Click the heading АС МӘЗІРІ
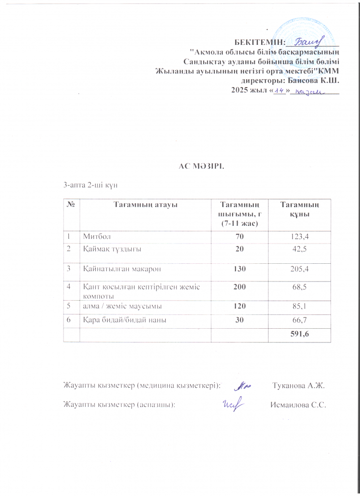coord(201,165)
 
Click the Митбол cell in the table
coord(96,237)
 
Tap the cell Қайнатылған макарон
coord(122,269)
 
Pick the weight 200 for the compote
coord(240,286)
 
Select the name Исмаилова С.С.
coord(299,405)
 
